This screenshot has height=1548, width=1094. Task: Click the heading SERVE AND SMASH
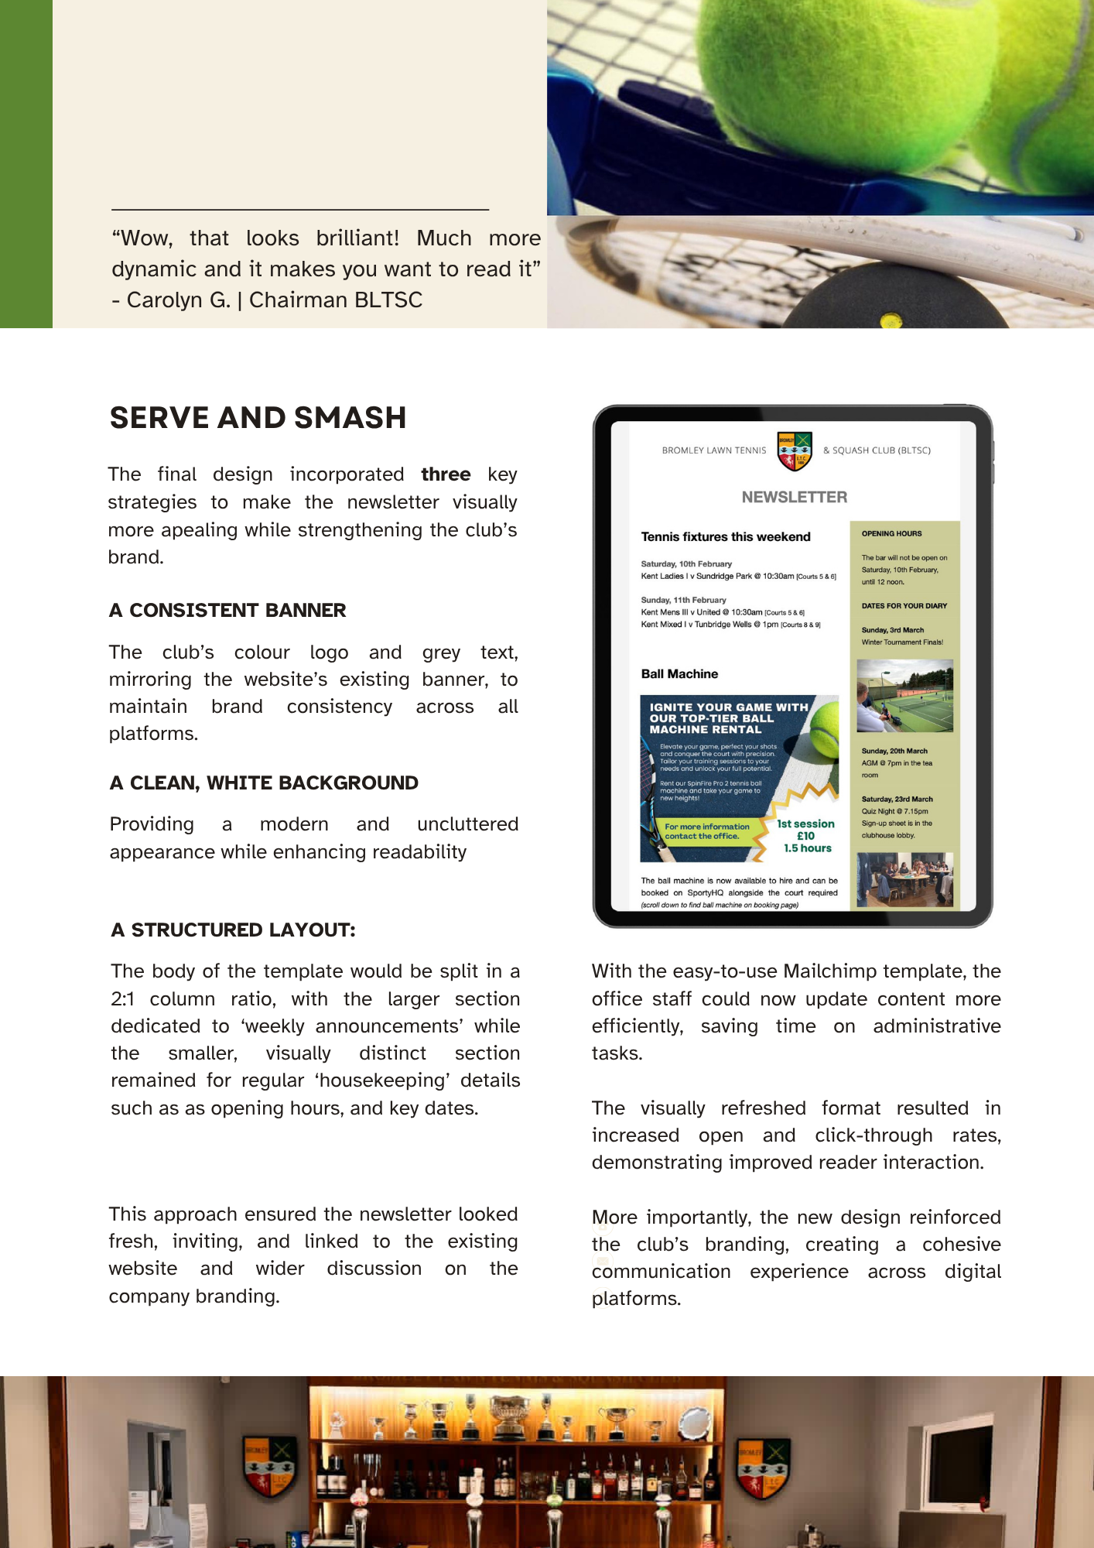258,418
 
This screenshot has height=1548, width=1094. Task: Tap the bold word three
446,474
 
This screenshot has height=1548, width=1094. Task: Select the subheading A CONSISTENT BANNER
227,610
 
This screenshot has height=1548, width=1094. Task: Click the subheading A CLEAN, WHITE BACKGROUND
264,783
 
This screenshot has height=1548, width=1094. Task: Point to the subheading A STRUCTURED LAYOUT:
233,930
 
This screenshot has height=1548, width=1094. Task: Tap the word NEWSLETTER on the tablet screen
794,497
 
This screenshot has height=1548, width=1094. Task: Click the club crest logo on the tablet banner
795,450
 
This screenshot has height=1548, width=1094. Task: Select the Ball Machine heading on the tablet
679,674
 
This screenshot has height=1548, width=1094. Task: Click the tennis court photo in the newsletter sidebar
904,695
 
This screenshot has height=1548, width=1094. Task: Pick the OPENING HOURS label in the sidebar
891,533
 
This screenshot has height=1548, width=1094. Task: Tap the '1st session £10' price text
805,830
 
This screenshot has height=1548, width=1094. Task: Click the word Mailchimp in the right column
829,971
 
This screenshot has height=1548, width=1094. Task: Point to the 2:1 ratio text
123,999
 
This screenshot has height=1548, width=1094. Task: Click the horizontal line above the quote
300,209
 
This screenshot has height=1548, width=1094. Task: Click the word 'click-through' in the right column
873,1135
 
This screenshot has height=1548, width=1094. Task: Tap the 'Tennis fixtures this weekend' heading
726,536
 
